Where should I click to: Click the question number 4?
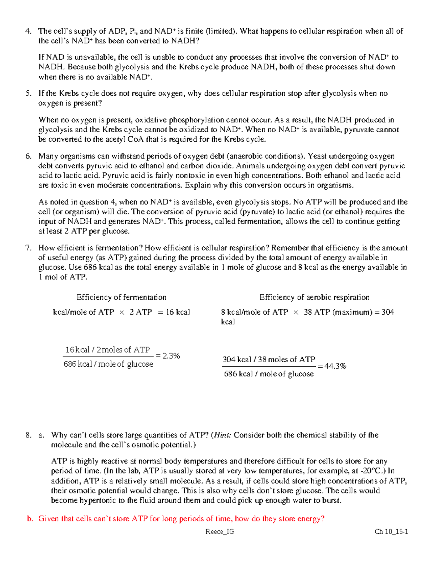click(28, 31)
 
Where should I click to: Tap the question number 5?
click(28, 94)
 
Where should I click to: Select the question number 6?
click(28, 156)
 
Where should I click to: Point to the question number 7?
click(28, 248)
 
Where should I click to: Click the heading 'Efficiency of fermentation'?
click(121, 297)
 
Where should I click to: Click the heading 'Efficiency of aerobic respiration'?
click(314, 297)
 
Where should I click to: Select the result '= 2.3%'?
click(167, 356)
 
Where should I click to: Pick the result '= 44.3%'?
click(332, 366)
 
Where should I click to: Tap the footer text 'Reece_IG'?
click(220, 531)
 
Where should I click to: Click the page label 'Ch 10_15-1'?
click(391, 531)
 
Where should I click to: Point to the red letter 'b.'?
click(30, 519)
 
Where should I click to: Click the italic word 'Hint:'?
click(222, 435)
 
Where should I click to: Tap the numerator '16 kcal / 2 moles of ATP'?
click(107, 350)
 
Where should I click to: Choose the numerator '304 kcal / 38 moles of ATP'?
click(269, 359)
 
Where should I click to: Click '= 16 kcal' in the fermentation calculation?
click(174, 312)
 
